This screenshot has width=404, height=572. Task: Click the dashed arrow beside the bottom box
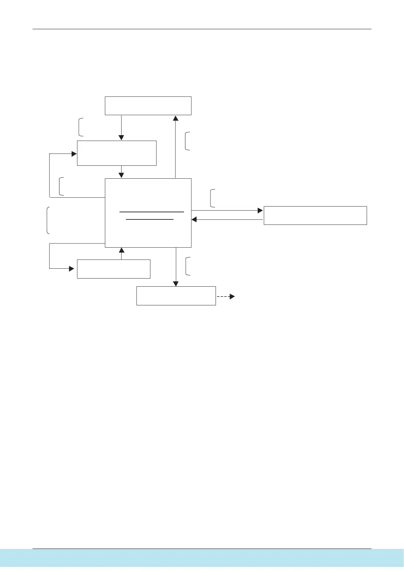click(225, 297)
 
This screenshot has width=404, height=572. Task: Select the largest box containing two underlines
click(148, 231)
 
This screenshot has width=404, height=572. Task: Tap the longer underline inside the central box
click(152, 212)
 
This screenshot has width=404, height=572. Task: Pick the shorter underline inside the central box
click(150, 219)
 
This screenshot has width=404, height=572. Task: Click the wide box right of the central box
click(315, 215)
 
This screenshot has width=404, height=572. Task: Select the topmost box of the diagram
click(148, 106)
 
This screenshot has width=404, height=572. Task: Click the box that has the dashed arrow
click(176, 296)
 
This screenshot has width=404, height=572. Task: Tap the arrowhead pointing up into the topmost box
click(176, 118)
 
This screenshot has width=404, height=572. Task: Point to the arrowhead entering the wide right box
click(260, 211)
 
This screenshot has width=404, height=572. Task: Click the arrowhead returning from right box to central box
click(194, 220)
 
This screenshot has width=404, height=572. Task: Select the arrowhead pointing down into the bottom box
click(176, 284)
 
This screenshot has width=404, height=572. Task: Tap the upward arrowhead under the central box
click(122, 251)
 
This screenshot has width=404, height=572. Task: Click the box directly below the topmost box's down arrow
click(116, 153)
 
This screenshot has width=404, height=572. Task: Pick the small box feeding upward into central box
click(113, 269)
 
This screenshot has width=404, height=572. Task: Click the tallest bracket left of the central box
click(48, 220)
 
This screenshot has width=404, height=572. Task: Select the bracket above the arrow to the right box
click(212, 198)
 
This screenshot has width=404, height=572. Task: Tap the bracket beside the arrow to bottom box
click(187, 266)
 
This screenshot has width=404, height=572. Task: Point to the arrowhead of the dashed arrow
click(232, 297)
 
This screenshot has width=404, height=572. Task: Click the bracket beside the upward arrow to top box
click(187, 141)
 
